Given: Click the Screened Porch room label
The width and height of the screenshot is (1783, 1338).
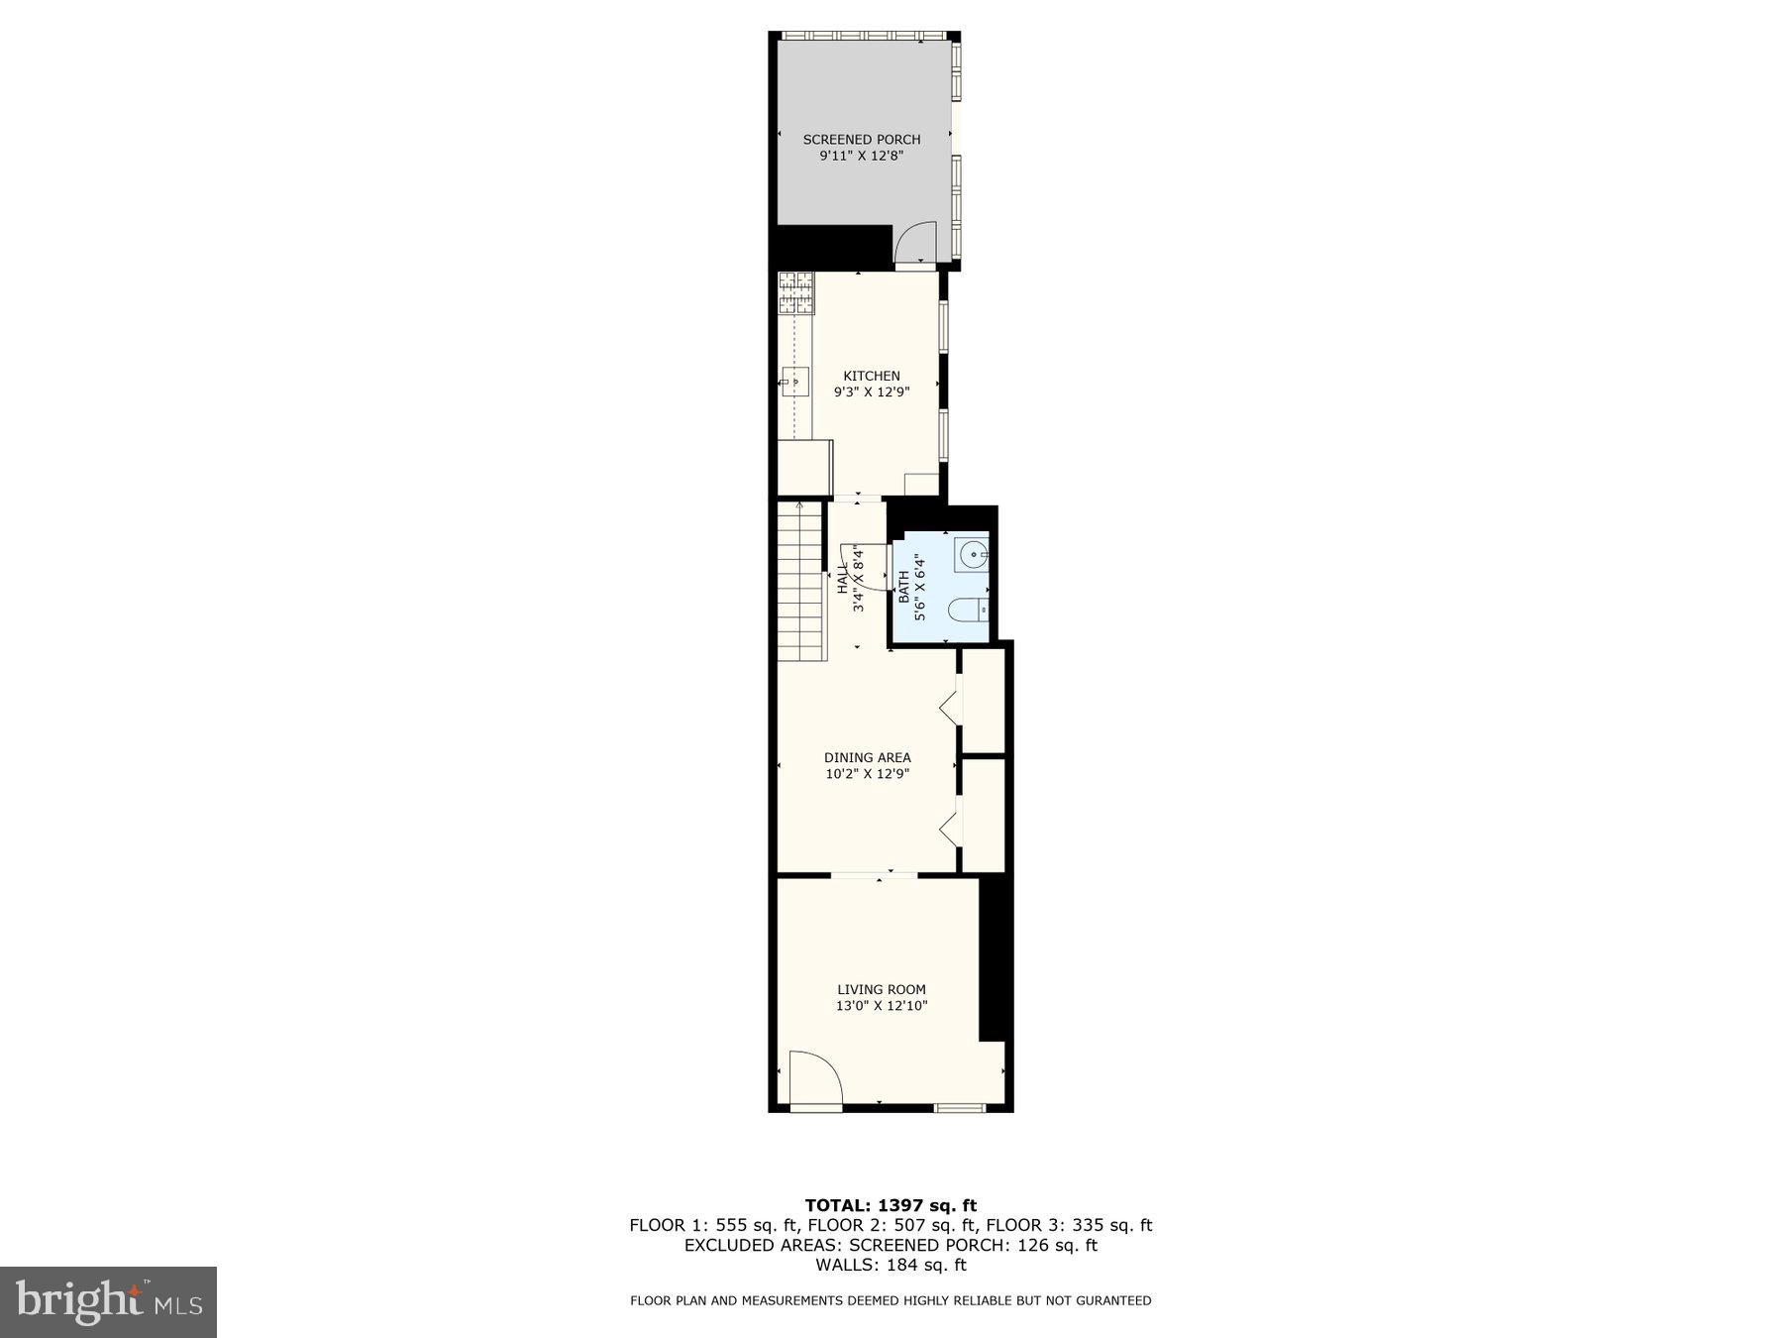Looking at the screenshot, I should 862,140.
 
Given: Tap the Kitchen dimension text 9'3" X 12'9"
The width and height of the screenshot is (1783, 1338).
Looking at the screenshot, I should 872,392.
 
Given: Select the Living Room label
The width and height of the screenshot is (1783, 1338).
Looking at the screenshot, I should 882,989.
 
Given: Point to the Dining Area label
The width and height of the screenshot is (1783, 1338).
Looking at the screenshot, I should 868,758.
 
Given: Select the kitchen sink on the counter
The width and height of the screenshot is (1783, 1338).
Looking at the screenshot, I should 794,381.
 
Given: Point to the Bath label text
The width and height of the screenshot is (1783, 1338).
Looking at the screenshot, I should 903,587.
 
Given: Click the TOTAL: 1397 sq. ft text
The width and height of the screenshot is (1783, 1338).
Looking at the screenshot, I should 891,1205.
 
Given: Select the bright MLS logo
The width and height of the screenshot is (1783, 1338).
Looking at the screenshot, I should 109,1301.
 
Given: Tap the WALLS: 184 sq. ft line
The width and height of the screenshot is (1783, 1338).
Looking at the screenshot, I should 891,1265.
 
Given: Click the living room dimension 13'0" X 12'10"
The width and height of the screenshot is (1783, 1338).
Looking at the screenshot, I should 882,1006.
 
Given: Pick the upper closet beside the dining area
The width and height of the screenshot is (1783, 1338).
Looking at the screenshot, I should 984,700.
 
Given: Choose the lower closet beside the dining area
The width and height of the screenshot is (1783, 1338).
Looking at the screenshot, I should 984,815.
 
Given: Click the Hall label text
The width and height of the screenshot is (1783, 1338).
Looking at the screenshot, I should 842,580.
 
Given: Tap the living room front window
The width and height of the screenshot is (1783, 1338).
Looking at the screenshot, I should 961,1106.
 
